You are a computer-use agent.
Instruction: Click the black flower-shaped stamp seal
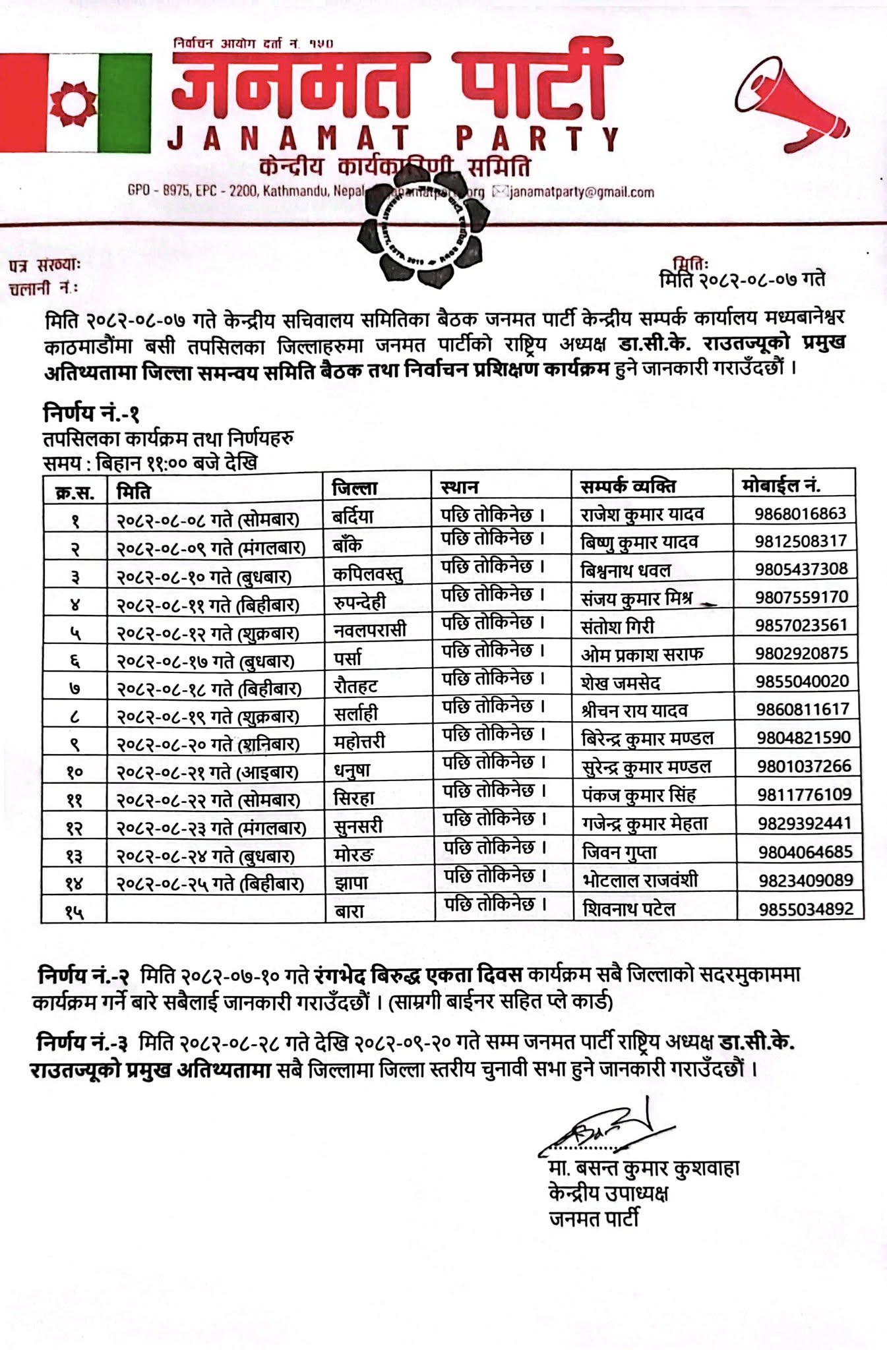click(421, 230)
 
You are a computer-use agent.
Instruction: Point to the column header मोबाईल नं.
click(781, 486)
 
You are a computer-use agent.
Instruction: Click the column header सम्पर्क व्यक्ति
click(627, 486)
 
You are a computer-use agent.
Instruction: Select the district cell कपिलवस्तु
click(367, 573)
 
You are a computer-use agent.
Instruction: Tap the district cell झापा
click(351, 883)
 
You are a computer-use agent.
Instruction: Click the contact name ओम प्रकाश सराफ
click(642, 654)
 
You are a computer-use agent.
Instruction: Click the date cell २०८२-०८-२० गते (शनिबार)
click(208, 744)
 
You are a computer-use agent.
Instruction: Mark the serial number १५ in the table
click(75, 912)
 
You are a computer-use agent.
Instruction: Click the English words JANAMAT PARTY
click(393, 139)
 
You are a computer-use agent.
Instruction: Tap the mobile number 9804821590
click(803, 738)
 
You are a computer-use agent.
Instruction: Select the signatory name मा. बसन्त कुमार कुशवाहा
click(644, 1169)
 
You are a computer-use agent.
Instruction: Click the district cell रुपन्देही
click(359, 602)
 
